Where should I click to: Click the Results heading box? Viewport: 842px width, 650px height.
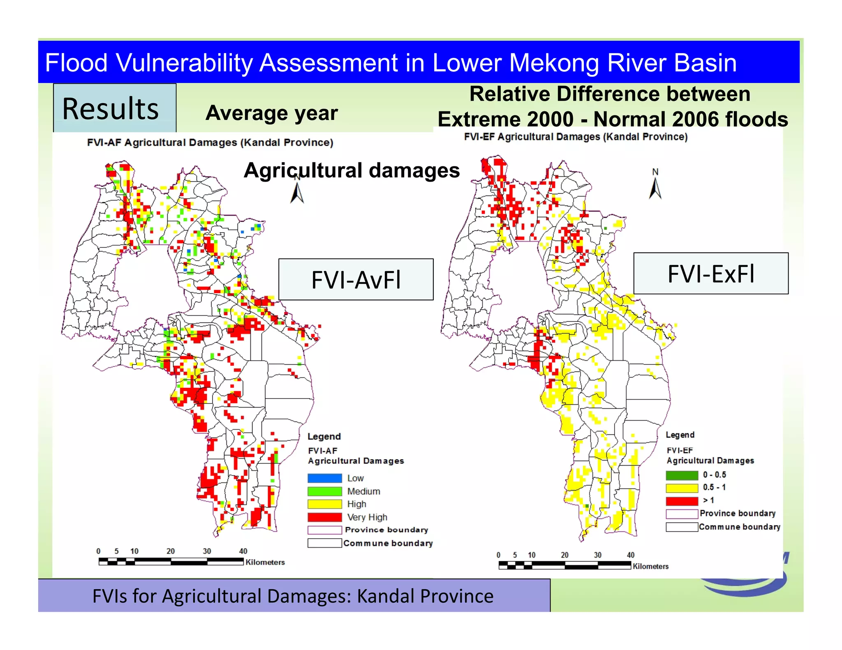point(115,108)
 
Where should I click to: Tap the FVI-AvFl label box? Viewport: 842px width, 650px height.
point(356,279)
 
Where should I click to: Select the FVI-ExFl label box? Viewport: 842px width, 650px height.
point(711,273)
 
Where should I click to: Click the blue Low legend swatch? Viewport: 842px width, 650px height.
point(324,478)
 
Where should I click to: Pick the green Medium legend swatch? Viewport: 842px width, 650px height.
point(324,491)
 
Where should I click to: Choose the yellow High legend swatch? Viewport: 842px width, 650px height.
point(324,504)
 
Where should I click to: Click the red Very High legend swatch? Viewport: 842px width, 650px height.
point(324,517)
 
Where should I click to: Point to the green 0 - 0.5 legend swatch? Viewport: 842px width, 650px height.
point(682,475)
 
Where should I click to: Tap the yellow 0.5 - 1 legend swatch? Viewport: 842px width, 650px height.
point(682,488)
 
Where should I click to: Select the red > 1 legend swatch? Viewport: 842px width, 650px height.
point(682,501)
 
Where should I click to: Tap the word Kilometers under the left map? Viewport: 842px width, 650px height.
point(265,562)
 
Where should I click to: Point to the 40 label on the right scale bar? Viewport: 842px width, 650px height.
point(631,555)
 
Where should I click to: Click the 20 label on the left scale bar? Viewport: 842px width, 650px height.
point(171,551)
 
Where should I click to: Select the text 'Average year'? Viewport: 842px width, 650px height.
point(272,113)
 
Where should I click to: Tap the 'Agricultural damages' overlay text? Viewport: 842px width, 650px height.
point(352,170)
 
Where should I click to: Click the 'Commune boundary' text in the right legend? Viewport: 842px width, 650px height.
point(739,527)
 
